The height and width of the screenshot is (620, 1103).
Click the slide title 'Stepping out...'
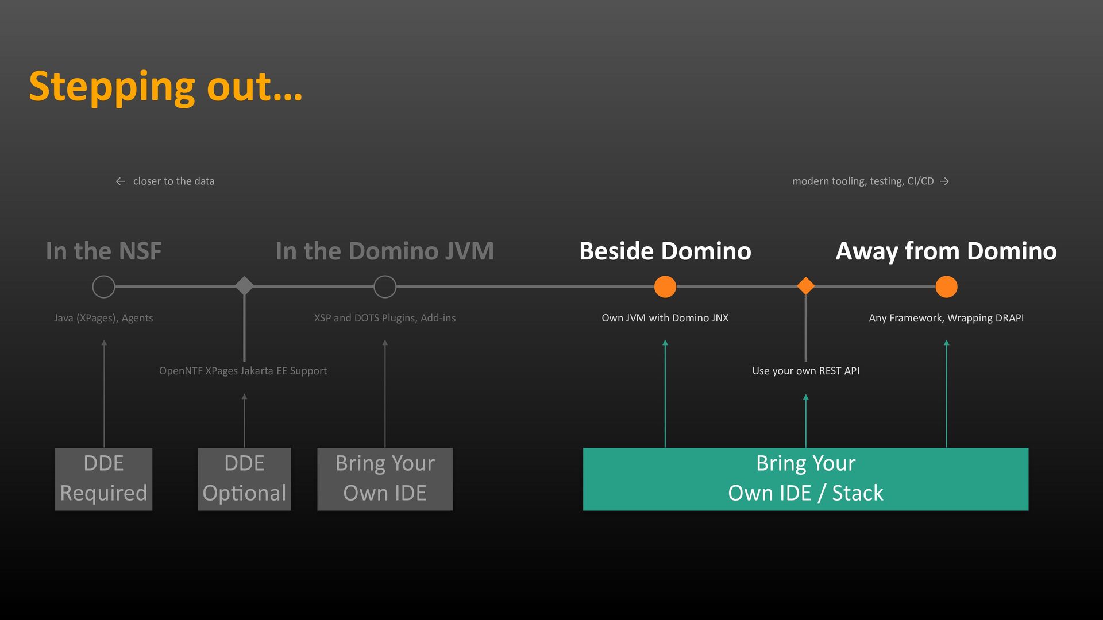pyautogui.click(x=165, y=87)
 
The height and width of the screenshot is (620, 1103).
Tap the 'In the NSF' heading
pyautogui.click(x=103, y=251)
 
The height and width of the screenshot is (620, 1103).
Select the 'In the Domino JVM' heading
pyautogui.click(x=384, y=251)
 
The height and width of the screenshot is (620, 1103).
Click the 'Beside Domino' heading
pyautogui.click(x=665, y=251)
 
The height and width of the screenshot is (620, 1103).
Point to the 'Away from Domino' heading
pyautogui.click(x=946, y=251)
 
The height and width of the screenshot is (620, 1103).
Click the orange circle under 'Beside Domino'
pyautogui.click(x=665, y=286)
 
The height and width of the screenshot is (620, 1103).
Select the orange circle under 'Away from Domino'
pyautogui.click(x=946, y=286)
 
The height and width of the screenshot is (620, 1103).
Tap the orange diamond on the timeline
pyautogui.click(x=806, y=286)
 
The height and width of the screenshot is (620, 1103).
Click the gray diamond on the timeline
pyautogui.click(x=244, y=286)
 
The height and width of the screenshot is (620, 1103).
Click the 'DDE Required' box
pyautogui.click(x=103, y=479)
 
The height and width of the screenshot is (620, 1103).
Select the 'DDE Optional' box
pyautogui.click(x=244, y=479)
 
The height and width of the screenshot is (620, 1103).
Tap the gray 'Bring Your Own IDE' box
pyautogui.click(x=385, y=479)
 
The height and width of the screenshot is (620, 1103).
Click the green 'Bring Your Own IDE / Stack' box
pyautogui.click(x=805, y=479)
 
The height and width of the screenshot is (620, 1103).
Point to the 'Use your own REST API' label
pyautogui.click(x=806, y=371)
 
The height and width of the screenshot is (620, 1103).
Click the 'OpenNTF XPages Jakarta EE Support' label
pyautogui.click(x=243, y=371)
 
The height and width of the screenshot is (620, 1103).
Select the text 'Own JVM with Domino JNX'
pyautogui.click(x=665, y=318)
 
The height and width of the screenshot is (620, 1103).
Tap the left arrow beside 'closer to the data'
pyautogui.click(x=120, y=181)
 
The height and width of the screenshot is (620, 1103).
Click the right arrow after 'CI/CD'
pyautogui.click(x=944, y=181)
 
